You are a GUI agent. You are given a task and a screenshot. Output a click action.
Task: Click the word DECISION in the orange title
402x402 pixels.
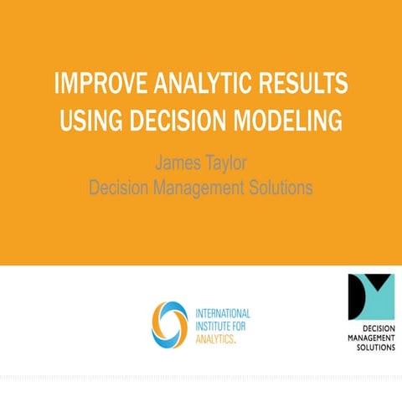click(178, 121)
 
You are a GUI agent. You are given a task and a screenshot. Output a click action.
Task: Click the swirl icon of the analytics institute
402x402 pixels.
click(169, 323)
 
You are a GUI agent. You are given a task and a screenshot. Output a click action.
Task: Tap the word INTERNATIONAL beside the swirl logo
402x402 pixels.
click(221, 312)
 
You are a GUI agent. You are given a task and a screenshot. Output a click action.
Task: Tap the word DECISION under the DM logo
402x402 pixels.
click(374, 328)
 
